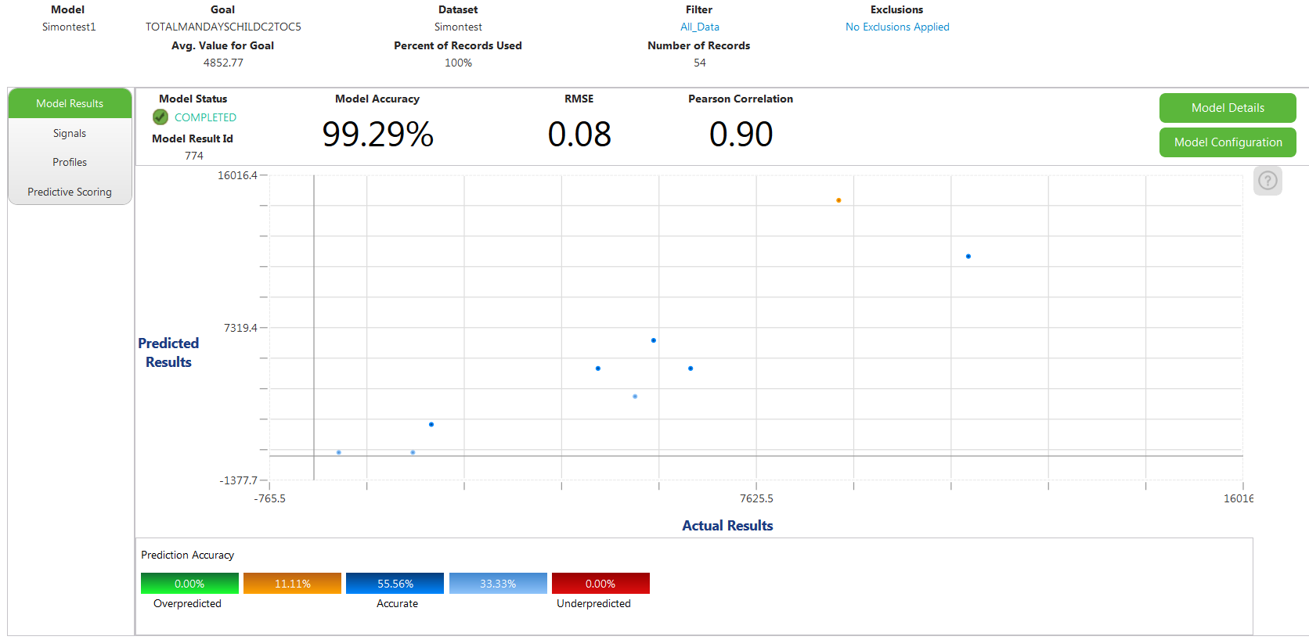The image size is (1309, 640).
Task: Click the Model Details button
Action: [x=1227, y=108]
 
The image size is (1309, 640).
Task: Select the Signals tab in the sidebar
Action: [x=70, y=134]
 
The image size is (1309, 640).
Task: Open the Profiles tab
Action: [x=70, y=163]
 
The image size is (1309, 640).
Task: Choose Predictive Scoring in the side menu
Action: [x=70, y=192]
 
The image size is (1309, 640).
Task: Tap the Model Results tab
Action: [x=70, y=103]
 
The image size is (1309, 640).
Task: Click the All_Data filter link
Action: [x=699, y=27]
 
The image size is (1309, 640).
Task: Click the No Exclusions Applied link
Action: [x=897, y=27]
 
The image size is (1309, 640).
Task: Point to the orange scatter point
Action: [x=838, y=200]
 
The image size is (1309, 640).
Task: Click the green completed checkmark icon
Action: [x=160, y=117]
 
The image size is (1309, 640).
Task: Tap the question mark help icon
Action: [x=1268, y=181]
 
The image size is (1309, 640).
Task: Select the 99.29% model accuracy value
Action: [x=377, y=135]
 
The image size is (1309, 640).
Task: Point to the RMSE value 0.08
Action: [x=579, y=135]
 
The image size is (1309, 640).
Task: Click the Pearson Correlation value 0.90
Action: [x=741, y=135]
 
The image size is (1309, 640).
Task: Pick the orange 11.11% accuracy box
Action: [x=292, y=584]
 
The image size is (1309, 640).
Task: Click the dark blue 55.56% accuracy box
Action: [x=395, y=584]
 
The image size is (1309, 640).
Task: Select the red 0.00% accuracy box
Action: [x=600, y=584]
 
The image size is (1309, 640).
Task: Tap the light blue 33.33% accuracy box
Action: [x=498, y=584]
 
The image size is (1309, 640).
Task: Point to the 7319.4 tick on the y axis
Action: [x=240, y=328]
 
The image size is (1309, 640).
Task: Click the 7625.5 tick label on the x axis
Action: [x=756, y=498]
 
